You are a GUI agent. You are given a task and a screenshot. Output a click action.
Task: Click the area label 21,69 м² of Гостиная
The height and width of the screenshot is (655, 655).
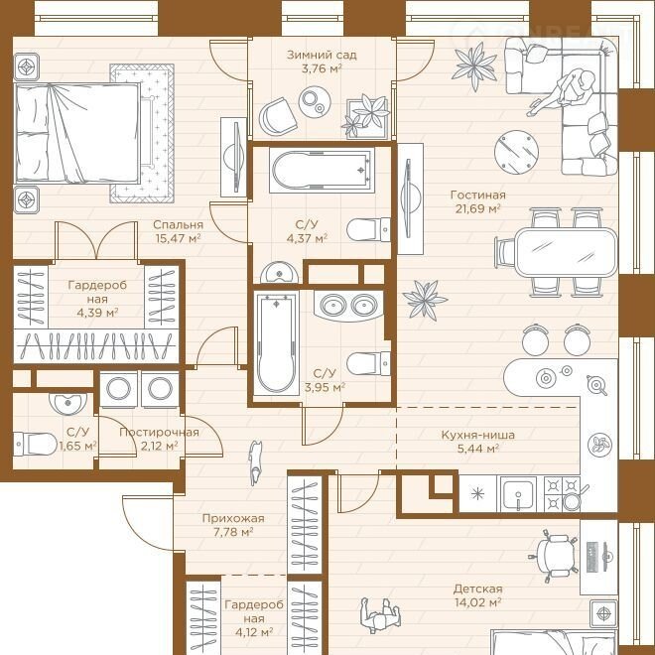pyautogui.click(x=478, y=208)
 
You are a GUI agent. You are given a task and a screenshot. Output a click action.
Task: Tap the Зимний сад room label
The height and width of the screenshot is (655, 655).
pyautogui.click(x=322, y=55)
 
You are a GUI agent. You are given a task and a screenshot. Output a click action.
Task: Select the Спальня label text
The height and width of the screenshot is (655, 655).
pyautogui.click(x=178, y=224)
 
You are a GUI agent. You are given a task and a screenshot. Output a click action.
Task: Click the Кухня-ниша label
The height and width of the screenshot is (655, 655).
pyautogui.click(x=478, y=435)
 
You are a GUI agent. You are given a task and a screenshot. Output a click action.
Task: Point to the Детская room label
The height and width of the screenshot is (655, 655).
pyautogui.click(x=478, y=589)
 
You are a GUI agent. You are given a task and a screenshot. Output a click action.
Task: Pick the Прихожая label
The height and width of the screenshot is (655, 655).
pyautogui.click(x=233, y=519)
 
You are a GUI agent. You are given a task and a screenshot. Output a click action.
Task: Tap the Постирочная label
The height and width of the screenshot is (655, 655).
pyautogui.click(x=159, y=432)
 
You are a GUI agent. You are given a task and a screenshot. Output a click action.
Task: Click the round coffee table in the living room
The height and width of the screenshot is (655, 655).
pyautogui.click(x=516, y=153)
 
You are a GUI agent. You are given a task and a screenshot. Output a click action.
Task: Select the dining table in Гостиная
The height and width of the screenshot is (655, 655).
pyautogui.click(x=566, y=252)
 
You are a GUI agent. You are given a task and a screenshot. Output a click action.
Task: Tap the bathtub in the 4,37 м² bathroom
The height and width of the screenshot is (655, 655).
pyautogui.click(x=322, y=170)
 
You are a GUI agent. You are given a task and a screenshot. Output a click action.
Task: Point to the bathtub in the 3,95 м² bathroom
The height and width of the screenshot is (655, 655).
pyautogui.click(x=276, y=343)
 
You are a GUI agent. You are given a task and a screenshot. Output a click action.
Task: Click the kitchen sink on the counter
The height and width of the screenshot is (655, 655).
pyautogui.click(x=518, y=494)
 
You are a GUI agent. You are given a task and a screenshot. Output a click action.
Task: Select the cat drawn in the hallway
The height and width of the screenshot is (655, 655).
pyautogui.click(x=255, y=462)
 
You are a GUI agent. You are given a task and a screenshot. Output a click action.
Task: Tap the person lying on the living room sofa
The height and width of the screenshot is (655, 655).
pyautogui.click(x=563, y=92)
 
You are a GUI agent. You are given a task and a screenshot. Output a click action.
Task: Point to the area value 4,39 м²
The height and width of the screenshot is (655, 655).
pyautogui.click(x=97, y=313)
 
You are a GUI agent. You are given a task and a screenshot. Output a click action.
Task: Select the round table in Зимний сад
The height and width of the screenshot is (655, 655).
pyautogui.click(x=315, y=102)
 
